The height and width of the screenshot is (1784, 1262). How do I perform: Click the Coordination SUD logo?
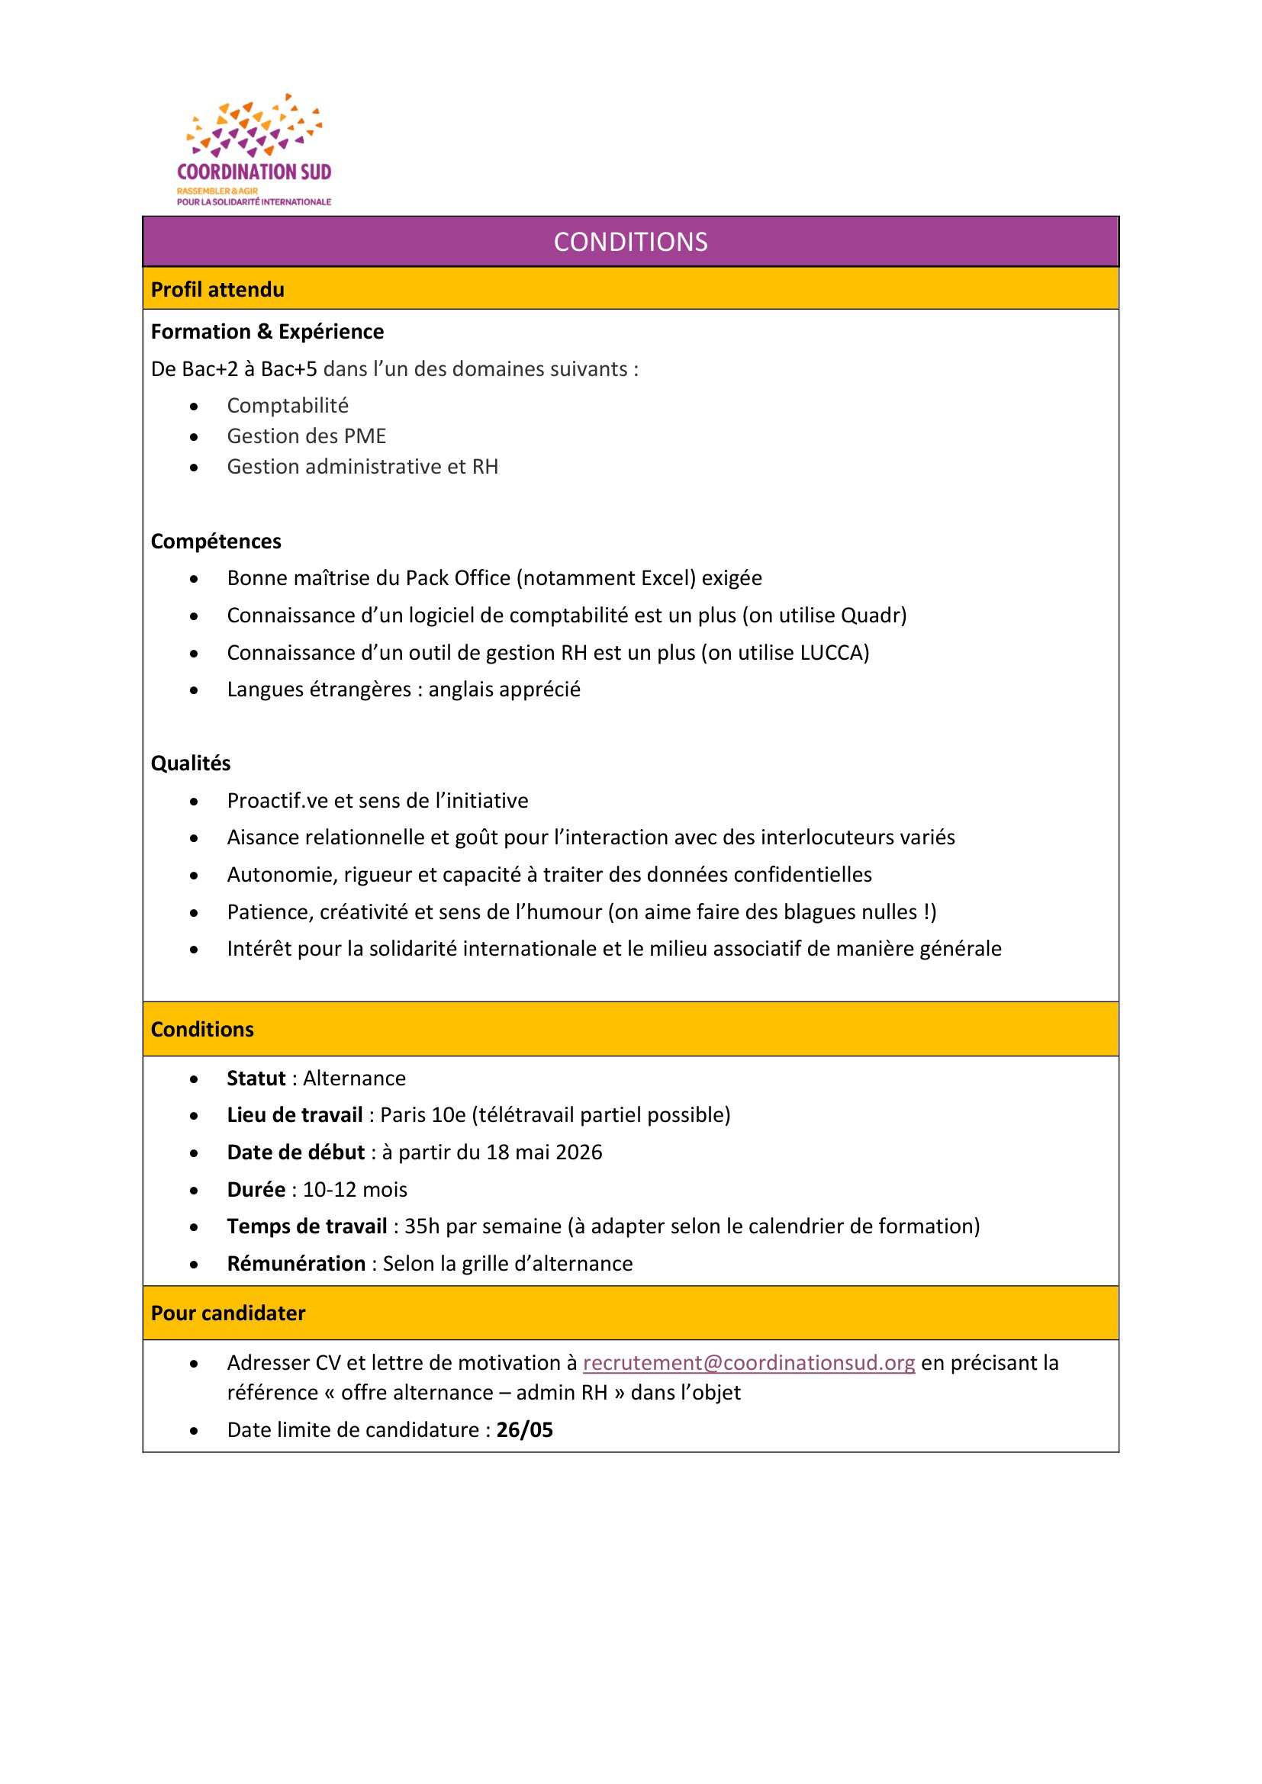coord(254,150)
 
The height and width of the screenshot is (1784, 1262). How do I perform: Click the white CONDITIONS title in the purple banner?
coord(630,243)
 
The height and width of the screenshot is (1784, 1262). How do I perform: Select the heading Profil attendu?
coord(217,290)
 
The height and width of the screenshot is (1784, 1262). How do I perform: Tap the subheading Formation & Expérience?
coord(267,332)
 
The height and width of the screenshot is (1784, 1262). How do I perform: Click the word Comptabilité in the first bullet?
coord(288,406)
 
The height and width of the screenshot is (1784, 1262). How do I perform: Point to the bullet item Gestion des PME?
coord(306,436)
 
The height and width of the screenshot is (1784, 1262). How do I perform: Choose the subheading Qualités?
coord(191,763)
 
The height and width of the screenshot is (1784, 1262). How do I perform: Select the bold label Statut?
coord(256,1078)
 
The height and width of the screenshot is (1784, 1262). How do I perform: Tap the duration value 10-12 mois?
coord(355,1190)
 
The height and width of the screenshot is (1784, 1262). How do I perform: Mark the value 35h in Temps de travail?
coord(422,1226)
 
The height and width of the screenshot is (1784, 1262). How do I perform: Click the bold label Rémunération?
coord(296,1263)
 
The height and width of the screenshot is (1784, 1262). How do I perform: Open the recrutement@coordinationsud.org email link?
coord(749,1363)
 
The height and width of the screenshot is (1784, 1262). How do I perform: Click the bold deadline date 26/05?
coord(524,1429)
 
